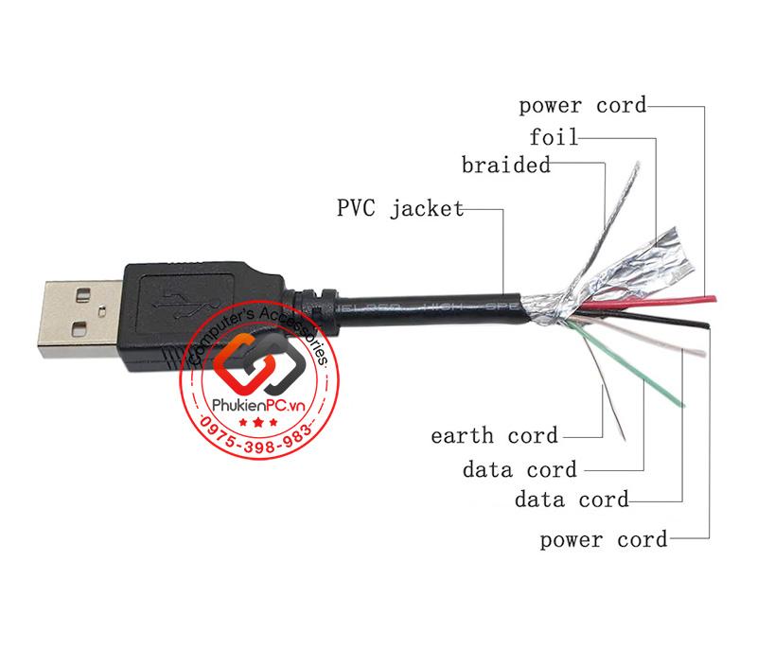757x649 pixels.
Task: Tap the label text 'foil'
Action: tap(554, 137)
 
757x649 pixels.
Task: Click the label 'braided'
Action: tap(506, 167)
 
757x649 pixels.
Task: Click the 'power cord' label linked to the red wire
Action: tap(584, 105)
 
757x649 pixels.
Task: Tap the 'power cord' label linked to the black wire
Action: tap(604, 540)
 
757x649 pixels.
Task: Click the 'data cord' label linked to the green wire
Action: tap(519, 467)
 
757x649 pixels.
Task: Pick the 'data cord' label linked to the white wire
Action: tap(572, 498)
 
